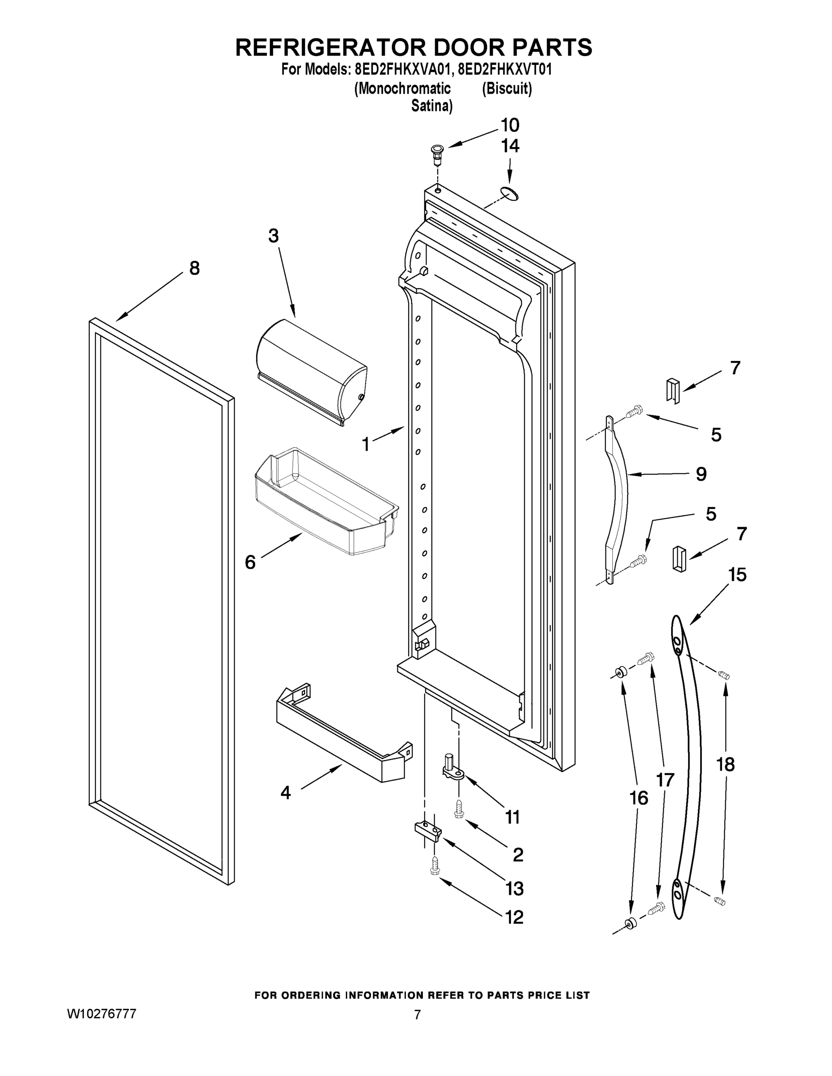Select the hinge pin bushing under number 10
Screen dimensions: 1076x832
[x=437, y=155]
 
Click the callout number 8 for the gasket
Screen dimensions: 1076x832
[x=195, y=269]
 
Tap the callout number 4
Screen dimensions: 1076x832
[x=285, y=793]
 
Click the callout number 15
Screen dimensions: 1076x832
[x=737, y=574]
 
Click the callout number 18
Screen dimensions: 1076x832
[x=725, y=764]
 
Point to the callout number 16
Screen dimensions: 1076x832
[x=639, y=798]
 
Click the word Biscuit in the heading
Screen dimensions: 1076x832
[x=506, y=89]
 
